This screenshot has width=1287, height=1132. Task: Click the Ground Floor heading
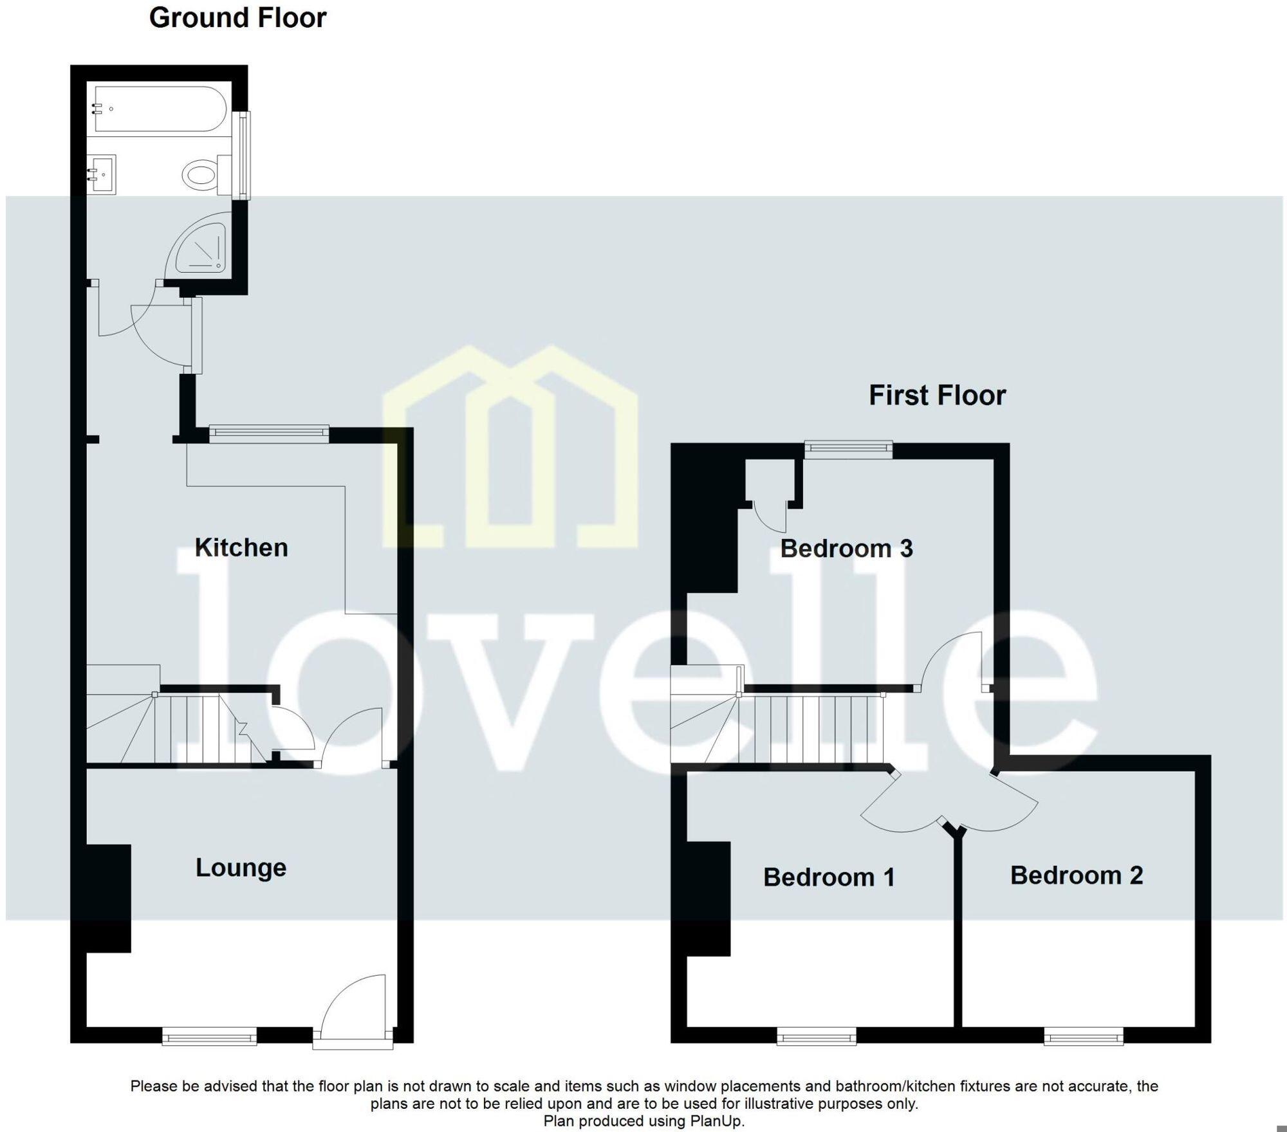point(237,17)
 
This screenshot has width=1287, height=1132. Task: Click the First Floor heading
point(937,395)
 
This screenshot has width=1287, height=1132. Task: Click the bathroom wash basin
point(102,174)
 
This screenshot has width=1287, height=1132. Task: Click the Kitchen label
point(241,547)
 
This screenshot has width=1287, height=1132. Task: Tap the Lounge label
point(241,868)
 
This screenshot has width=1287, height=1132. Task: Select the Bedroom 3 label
point(846,548)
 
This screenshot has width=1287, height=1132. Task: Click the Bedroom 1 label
point(829,877)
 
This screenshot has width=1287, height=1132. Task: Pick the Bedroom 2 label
point(1077,875)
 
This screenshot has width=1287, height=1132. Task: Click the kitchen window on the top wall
point(269,434)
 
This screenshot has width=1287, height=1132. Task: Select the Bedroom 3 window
point(848,448)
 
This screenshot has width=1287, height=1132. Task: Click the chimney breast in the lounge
point(109,898)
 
